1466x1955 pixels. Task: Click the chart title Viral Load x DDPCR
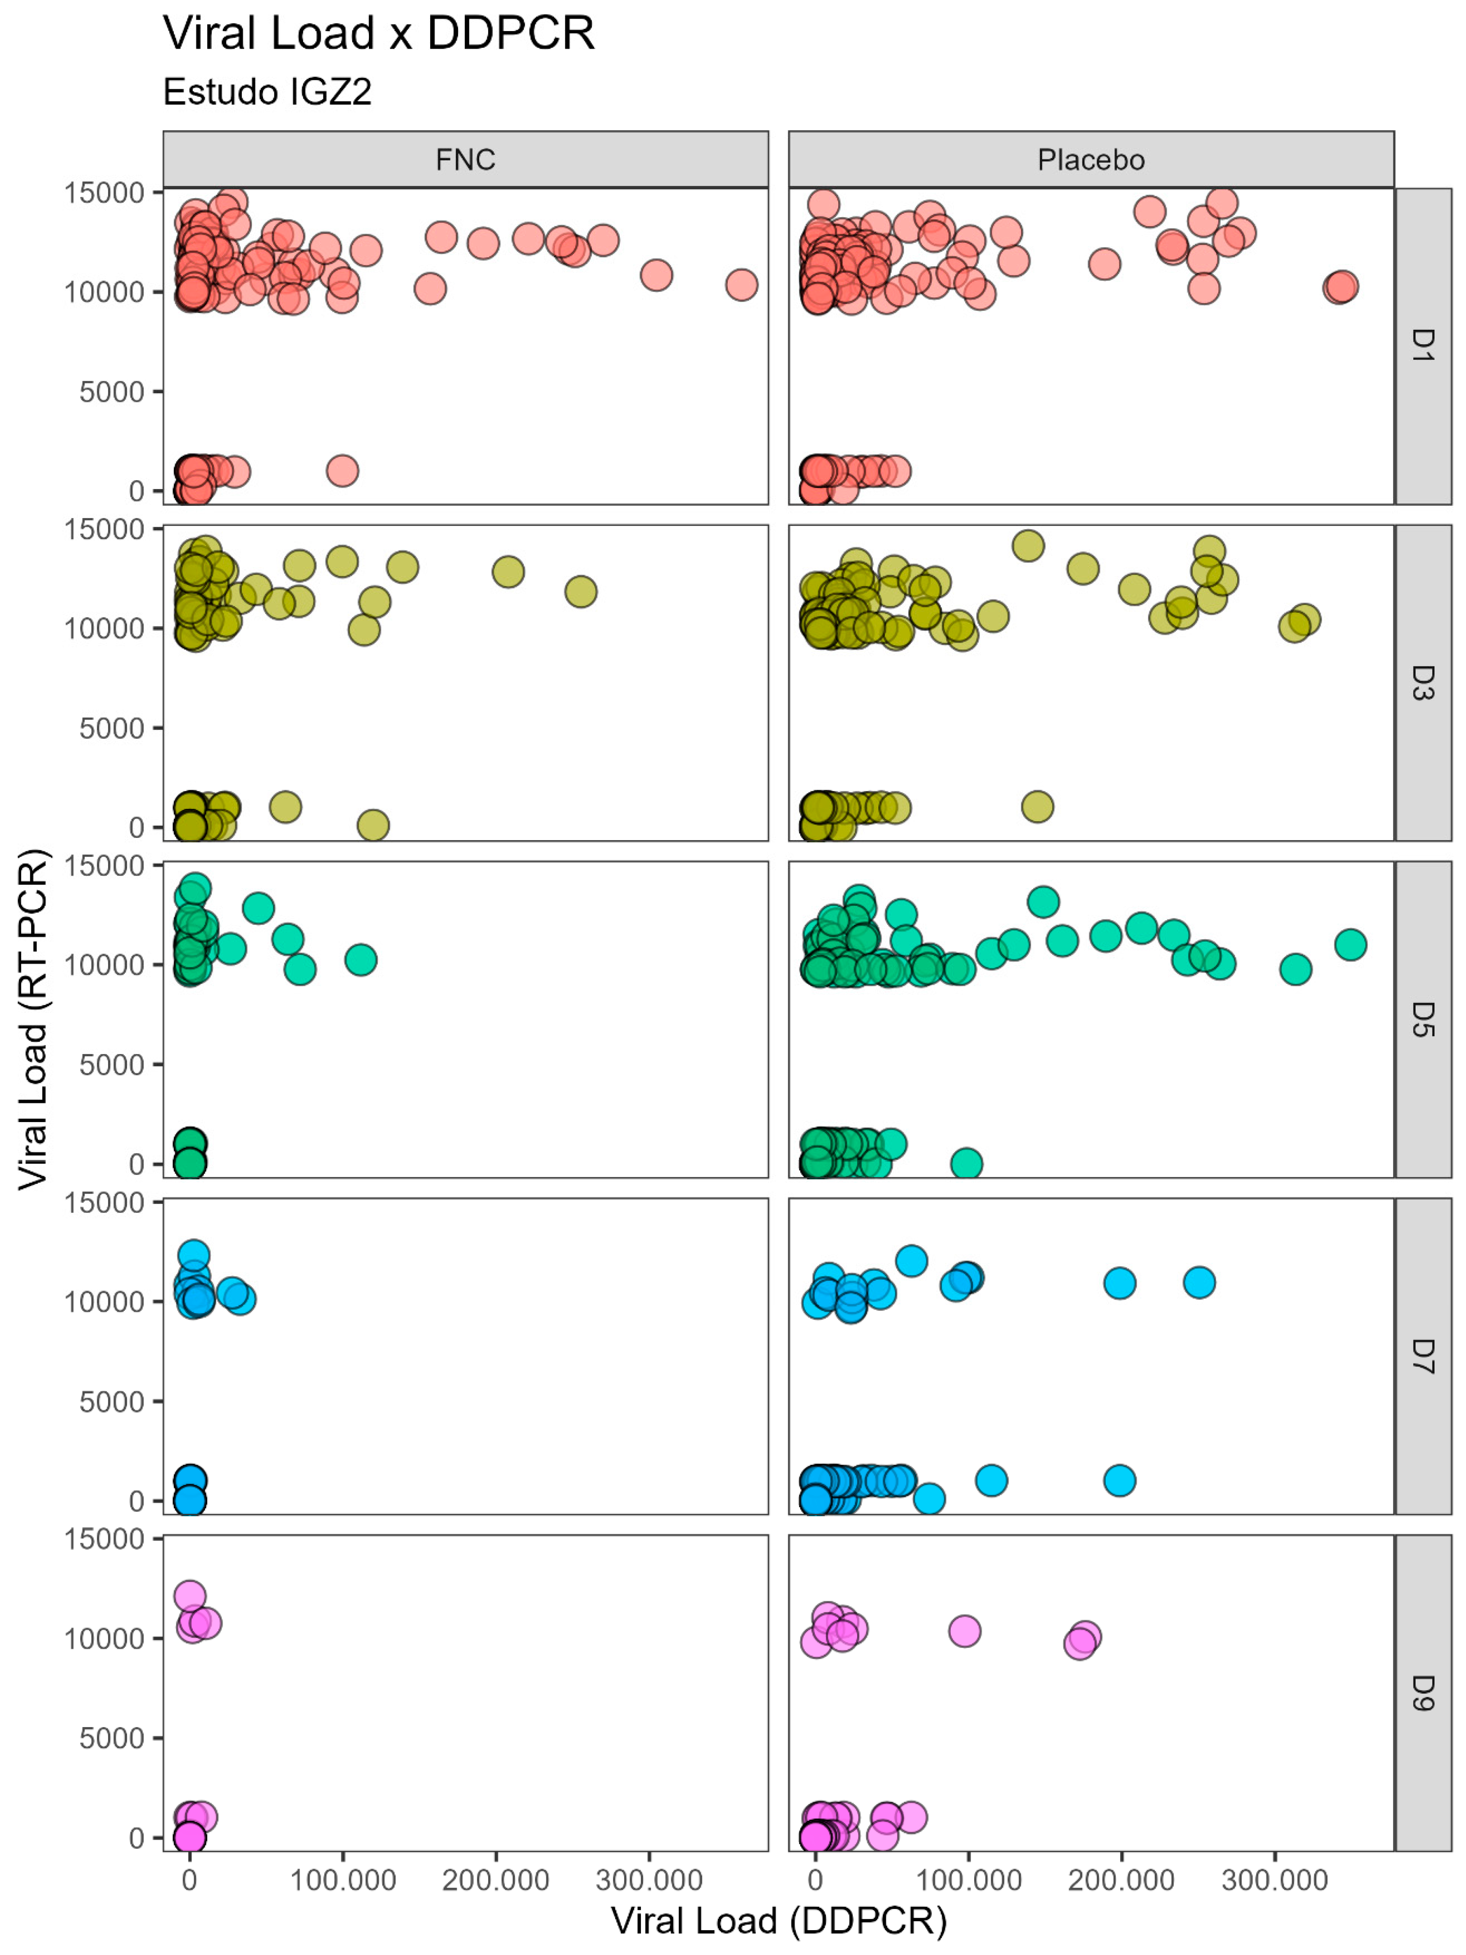pyautogui.click(x=378, y=34)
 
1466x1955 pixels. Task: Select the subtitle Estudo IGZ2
pyautogui.click(x=267, y=92)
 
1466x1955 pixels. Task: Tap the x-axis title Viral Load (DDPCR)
pyautogui.click(x=778, y=1920)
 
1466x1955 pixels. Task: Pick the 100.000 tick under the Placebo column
pyautogui.click(x=968, y=1880)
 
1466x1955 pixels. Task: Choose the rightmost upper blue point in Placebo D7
pyautogui.click(x=1199, y=1282)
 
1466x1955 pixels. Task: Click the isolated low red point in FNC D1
pyautogui.click(x=342, y=470)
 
